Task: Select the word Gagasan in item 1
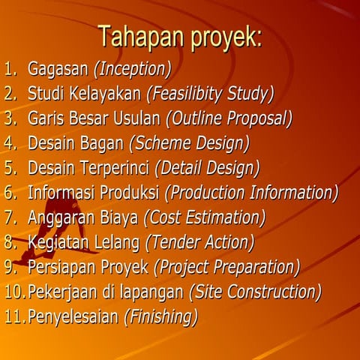(x=58, y=70)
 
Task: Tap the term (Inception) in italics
(x=132, y=70)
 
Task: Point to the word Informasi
(x=60, y=193)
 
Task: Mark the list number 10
(x=13, y=292)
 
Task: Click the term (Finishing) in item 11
(x=160, y=316)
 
